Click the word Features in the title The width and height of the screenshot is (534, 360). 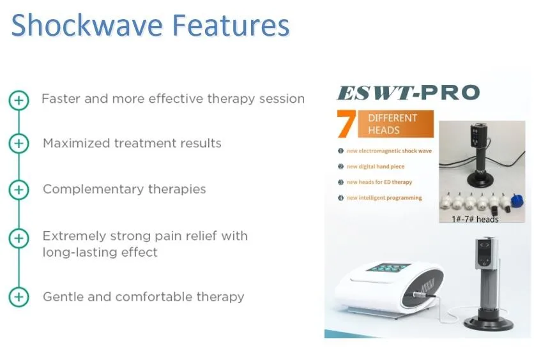231,25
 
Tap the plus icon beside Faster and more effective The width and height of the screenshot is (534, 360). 19,100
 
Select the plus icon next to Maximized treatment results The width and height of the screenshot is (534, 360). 19,143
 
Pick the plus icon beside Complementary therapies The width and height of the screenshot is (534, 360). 19,190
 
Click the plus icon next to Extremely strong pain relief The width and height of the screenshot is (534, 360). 19,238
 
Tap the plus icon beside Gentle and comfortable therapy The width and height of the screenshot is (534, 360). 19,297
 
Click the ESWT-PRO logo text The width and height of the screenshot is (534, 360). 408,93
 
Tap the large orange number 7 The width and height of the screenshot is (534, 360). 346,124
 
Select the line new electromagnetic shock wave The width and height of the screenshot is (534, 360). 389,151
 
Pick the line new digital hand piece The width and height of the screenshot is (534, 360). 376,167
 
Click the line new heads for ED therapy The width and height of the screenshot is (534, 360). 379,182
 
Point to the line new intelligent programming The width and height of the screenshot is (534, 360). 384,198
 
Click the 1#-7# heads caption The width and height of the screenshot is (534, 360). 475,219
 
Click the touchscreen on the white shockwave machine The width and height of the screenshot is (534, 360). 387,268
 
